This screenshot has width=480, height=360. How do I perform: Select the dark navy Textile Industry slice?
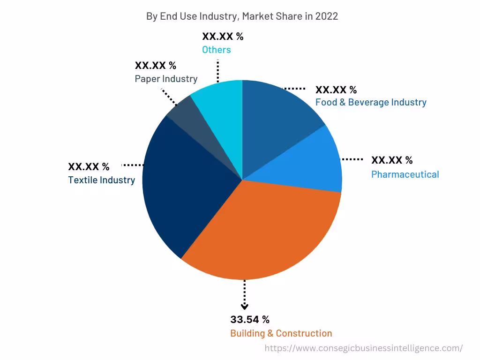click(183, 187)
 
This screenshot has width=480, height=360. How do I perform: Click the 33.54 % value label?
click(250, 320)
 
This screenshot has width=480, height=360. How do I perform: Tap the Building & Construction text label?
click(281, 333)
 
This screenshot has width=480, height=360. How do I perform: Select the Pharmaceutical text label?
click(405, 174)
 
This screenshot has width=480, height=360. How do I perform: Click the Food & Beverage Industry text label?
click(371, 102)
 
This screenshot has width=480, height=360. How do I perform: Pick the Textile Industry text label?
click(102, 180)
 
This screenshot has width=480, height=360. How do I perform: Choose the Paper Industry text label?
click(166, 79)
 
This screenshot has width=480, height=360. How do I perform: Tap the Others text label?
click(217, 50)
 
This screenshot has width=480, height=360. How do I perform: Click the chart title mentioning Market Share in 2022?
click(242, 16)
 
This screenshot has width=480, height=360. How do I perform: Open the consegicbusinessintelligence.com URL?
click(364, 348)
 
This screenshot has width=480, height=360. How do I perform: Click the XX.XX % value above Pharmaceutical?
click(392, 160)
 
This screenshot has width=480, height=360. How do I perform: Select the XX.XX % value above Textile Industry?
click(89, 166)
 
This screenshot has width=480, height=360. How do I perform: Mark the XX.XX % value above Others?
click(223, 37)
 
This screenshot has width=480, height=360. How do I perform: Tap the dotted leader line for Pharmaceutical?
click(352, 160)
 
